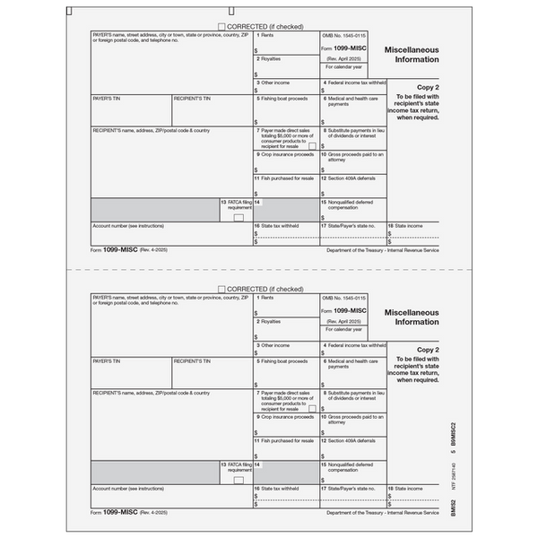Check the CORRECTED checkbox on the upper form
pyautogui.click(x=221, y=27)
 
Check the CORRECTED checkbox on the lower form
pyautogui.click(x=221, y=290)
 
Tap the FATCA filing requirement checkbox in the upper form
pyautogui.click(x=239, y=217)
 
